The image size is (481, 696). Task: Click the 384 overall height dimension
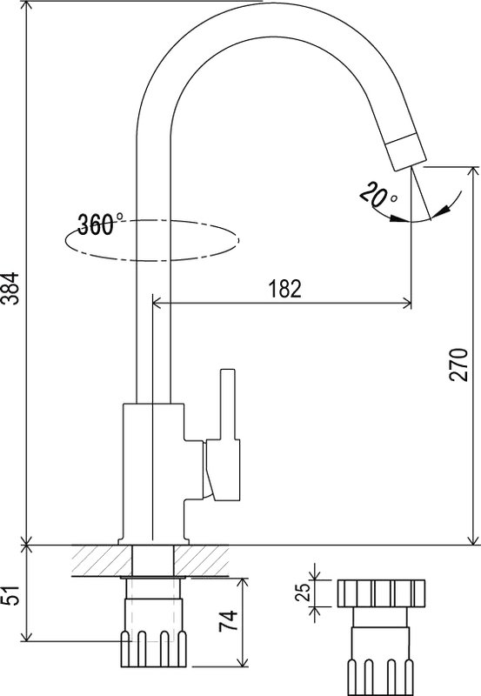[10, 288]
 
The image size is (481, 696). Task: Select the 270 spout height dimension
[458, 365]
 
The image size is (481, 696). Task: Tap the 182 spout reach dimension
[284, 289]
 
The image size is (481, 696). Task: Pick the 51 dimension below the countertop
[10, 595]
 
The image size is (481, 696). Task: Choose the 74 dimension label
[229, 621]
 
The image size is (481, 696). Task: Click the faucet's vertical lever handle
[228, 405]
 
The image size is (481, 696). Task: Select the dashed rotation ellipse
[152, 240]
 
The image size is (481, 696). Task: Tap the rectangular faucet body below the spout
[153, 473]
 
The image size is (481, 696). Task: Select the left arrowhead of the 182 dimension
[157, 304]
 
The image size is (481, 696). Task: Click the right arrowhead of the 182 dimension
[406, 304]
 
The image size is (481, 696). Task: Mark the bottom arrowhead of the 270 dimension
[473, 539]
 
